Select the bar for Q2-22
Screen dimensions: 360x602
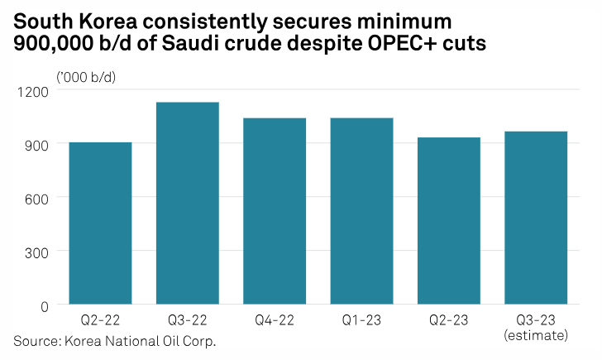(x=100, y=223)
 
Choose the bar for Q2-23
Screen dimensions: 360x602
(x=448, y=221)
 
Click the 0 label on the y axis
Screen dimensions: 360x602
(x=45, y=305)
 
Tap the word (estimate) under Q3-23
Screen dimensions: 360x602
(x=536, y=336)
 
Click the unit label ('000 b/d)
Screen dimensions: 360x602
(x=85, y=76)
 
